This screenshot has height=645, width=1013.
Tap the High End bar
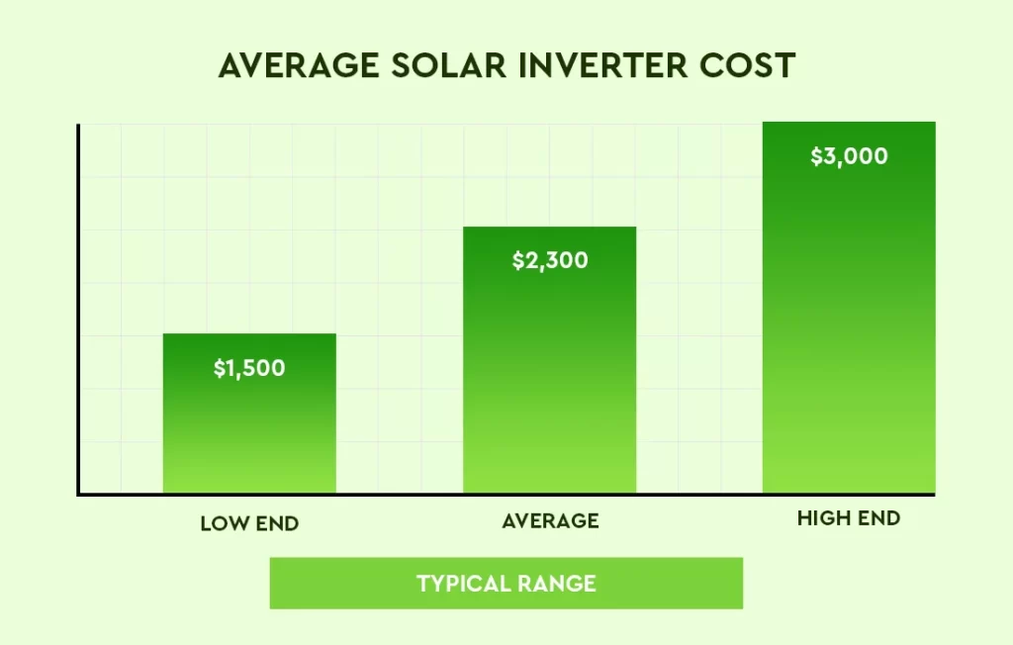tap(849, 326)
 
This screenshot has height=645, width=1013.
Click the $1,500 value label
tap(249, 369)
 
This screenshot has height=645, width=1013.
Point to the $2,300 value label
tap(550, 261)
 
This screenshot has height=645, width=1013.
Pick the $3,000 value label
tap(849, 156)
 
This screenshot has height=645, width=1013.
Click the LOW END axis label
tap(249, 524)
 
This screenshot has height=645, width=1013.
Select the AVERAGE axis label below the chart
tap(550, 520)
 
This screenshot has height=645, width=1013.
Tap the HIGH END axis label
tap(849, 518)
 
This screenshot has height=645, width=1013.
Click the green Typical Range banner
tap(506, 583)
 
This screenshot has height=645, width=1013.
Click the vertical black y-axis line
tap(78, 307)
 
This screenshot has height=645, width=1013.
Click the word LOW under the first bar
tap(222, 524)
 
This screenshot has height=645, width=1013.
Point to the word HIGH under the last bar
tap(821, 518)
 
